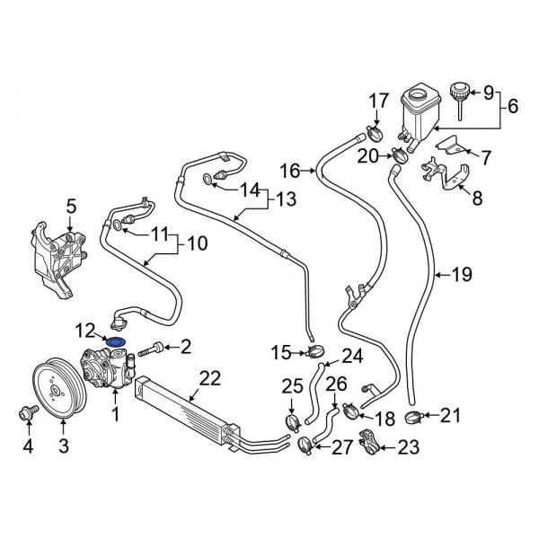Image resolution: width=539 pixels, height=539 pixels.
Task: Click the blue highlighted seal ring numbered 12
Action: [116, 341]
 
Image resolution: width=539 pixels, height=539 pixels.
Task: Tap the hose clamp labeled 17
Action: [375, 136]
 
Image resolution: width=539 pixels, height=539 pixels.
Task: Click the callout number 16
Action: [288, 169]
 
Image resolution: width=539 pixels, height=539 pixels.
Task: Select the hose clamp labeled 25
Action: [292, 420]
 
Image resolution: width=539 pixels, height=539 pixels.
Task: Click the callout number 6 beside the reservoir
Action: [513, 105]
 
